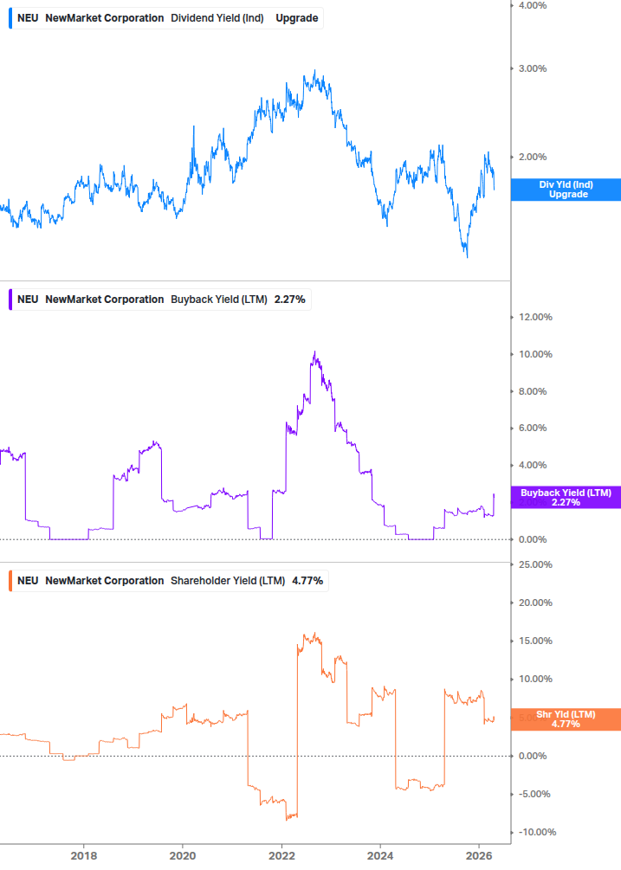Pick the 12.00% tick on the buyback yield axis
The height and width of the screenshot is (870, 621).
coord(534,317)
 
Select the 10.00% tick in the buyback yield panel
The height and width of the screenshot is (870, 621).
coord(534,354)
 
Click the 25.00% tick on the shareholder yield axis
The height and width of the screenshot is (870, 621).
coord(534,564)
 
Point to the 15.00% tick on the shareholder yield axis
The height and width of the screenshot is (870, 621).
coord(534,641)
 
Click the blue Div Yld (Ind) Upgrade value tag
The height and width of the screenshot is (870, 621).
coord(563,190)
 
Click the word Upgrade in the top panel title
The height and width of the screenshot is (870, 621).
coord(296,18)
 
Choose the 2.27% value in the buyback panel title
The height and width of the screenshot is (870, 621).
coord(289,300)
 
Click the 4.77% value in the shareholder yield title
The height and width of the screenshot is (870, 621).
coord(307,581)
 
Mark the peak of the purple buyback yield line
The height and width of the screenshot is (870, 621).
coord(315,352)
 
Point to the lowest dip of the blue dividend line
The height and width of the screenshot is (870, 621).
coord(466,256)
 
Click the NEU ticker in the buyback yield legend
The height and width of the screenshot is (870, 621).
coord(28,300)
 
